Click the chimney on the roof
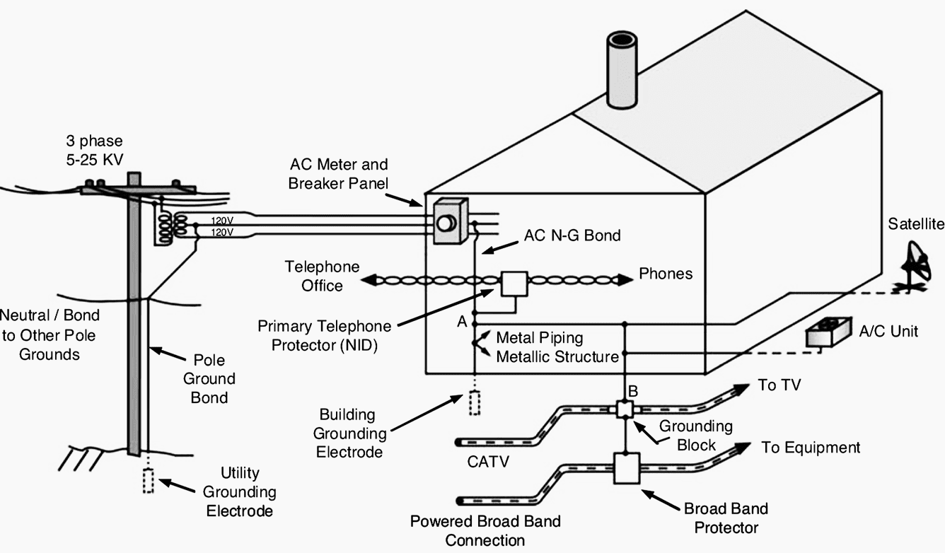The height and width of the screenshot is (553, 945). point(622,69)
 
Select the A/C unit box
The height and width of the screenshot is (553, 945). point(828,332)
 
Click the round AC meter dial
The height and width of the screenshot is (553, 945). point(446,223)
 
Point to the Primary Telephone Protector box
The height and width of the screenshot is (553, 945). point(514,284)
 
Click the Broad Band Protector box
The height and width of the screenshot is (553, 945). point(627,468)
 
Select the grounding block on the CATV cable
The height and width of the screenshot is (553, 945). point(625,409)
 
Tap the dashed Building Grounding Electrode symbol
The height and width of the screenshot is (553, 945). point(475,403)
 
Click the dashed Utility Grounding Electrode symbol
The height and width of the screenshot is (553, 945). point(148,480)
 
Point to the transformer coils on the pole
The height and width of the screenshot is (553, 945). point(172,228)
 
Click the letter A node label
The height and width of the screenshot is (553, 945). point(462,322)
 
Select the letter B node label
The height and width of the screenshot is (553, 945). point(633,392)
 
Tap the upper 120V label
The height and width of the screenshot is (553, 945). point(222,221)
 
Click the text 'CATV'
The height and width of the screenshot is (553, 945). point(488,462)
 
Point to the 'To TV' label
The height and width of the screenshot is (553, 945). point(779,385)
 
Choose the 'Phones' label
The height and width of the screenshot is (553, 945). point(666,274)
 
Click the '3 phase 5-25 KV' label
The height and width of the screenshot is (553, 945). point(95,150)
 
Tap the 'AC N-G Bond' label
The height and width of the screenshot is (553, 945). point(572,235)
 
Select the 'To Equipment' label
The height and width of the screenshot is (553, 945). point(811,448)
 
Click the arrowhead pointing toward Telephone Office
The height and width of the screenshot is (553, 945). point(369,279)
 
